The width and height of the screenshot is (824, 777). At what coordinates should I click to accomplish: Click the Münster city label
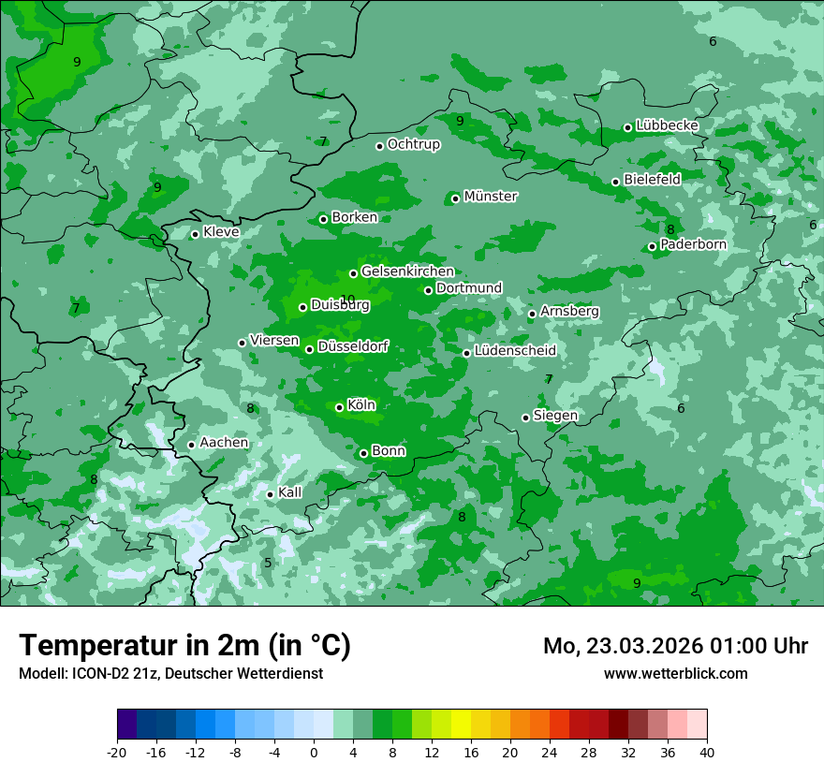point(491,197)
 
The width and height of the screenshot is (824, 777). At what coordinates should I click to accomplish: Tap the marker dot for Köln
point(340,407)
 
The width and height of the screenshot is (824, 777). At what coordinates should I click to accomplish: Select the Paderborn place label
point(693,244)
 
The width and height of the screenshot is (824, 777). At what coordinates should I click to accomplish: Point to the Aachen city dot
point(191,445)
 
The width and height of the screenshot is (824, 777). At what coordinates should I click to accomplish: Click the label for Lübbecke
point(667,125)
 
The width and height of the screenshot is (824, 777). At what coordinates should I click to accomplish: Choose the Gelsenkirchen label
point(407,271)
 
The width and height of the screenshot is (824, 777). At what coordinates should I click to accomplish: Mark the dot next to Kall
point(270,494)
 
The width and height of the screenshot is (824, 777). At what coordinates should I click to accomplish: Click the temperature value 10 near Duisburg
point(347,300)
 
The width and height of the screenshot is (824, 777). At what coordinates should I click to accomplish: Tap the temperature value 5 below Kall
point(268,563)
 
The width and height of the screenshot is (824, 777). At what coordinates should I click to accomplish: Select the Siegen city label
point(555,416)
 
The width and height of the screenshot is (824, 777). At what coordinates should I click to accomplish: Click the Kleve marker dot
point(195,234)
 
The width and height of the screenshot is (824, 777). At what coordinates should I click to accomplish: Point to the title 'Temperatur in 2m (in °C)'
point(185,646)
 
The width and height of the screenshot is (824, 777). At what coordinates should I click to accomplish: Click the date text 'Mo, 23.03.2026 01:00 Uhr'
point(675,646)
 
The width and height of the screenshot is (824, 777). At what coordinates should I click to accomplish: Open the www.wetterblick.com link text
point(675,673)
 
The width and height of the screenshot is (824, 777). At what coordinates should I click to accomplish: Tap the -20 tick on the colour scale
point(117,752)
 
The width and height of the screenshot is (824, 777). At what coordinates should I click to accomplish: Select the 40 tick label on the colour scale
point(707,752)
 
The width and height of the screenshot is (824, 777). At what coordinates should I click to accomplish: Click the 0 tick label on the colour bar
point(314,752)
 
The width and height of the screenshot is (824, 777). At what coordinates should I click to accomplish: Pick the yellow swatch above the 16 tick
point(461,724)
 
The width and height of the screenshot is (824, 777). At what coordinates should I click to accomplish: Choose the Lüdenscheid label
point(515,351)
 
